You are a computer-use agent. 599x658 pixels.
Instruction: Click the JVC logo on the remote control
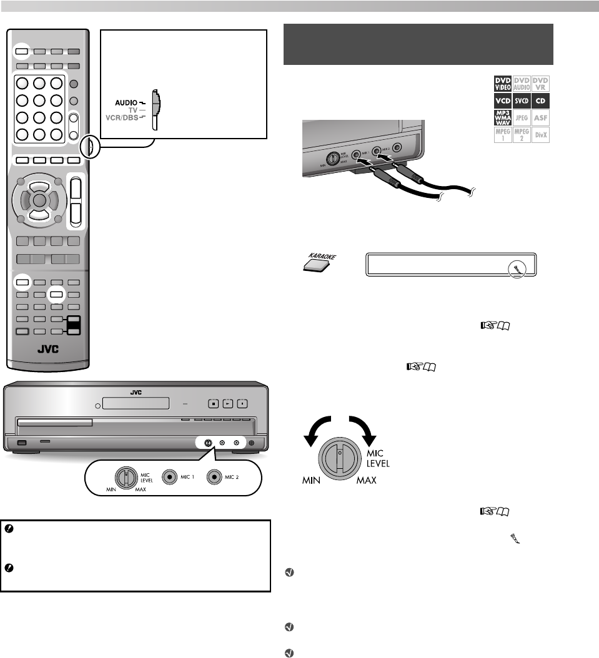point(47,349)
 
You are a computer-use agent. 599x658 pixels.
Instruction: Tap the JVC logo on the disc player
point(136,393)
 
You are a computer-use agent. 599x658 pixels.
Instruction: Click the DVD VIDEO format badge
point(502,84)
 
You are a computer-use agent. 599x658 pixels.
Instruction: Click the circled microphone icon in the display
point(517,268)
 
